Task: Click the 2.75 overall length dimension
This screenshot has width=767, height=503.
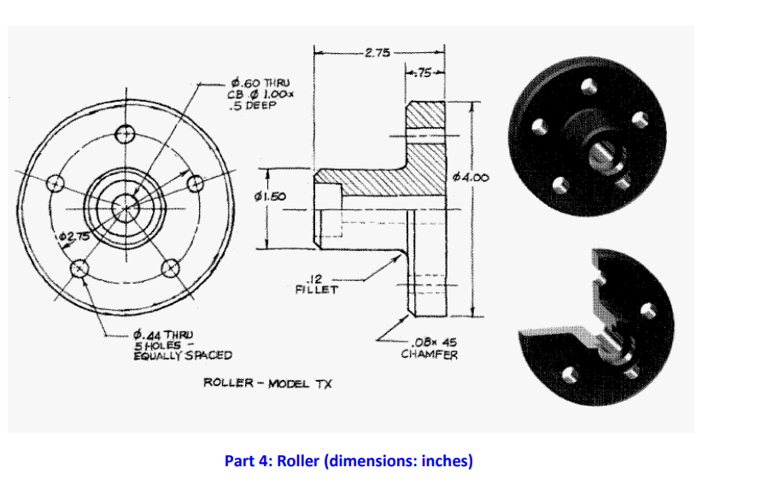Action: pos(377,53)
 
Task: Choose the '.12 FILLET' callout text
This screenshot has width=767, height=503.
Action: pos(316,284)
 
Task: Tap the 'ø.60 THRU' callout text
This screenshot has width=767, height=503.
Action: pos(254,83)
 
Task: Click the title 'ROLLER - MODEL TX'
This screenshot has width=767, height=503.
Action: pos(266,383)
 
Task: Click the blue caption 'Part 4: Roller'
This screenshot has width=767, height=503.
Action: pos(348,461)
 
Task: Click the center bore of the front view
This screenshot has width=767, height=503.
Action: pos(126,206)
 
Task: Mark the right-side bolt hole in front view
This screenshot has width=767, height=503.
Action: pos(195,184)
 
